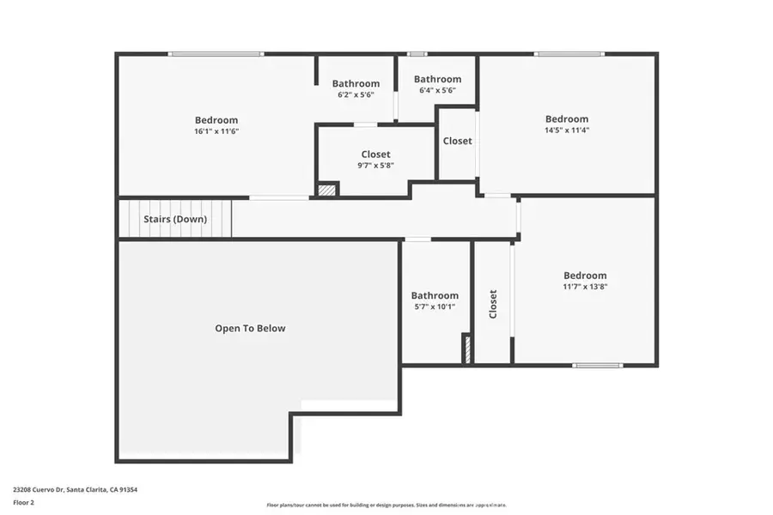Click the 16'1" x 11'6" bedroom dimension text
coord(216,131)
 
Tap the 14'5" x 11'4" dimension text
coord(567,130)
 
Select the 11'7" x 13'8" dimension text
coord(586,287)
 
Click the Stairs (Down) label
coord(175,219)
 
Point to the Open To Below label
coord(250,328)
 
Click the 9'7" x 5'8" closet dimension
coord(375,166)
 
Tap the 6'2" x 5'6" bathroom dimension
coord(356,94)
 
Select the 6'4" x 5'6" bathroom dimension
coord(437,90)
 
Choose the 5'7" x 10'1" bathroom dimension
coord(434,306)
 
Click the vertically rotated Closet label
coord(493,304)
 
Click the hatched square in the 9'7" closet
coord(326,190)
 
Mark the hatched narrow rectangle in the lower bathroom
coord(467,349)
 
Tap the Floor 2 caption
coord(25,504)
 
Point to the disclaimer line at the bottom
coord(386,505)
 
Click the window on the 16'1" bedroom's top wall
coord(216,54)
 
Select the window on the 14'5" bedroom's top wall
coord(569,54)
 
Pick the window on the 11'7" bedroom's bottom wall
coord(598,366)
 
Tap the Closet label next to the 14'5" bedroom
coord(457,141)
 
